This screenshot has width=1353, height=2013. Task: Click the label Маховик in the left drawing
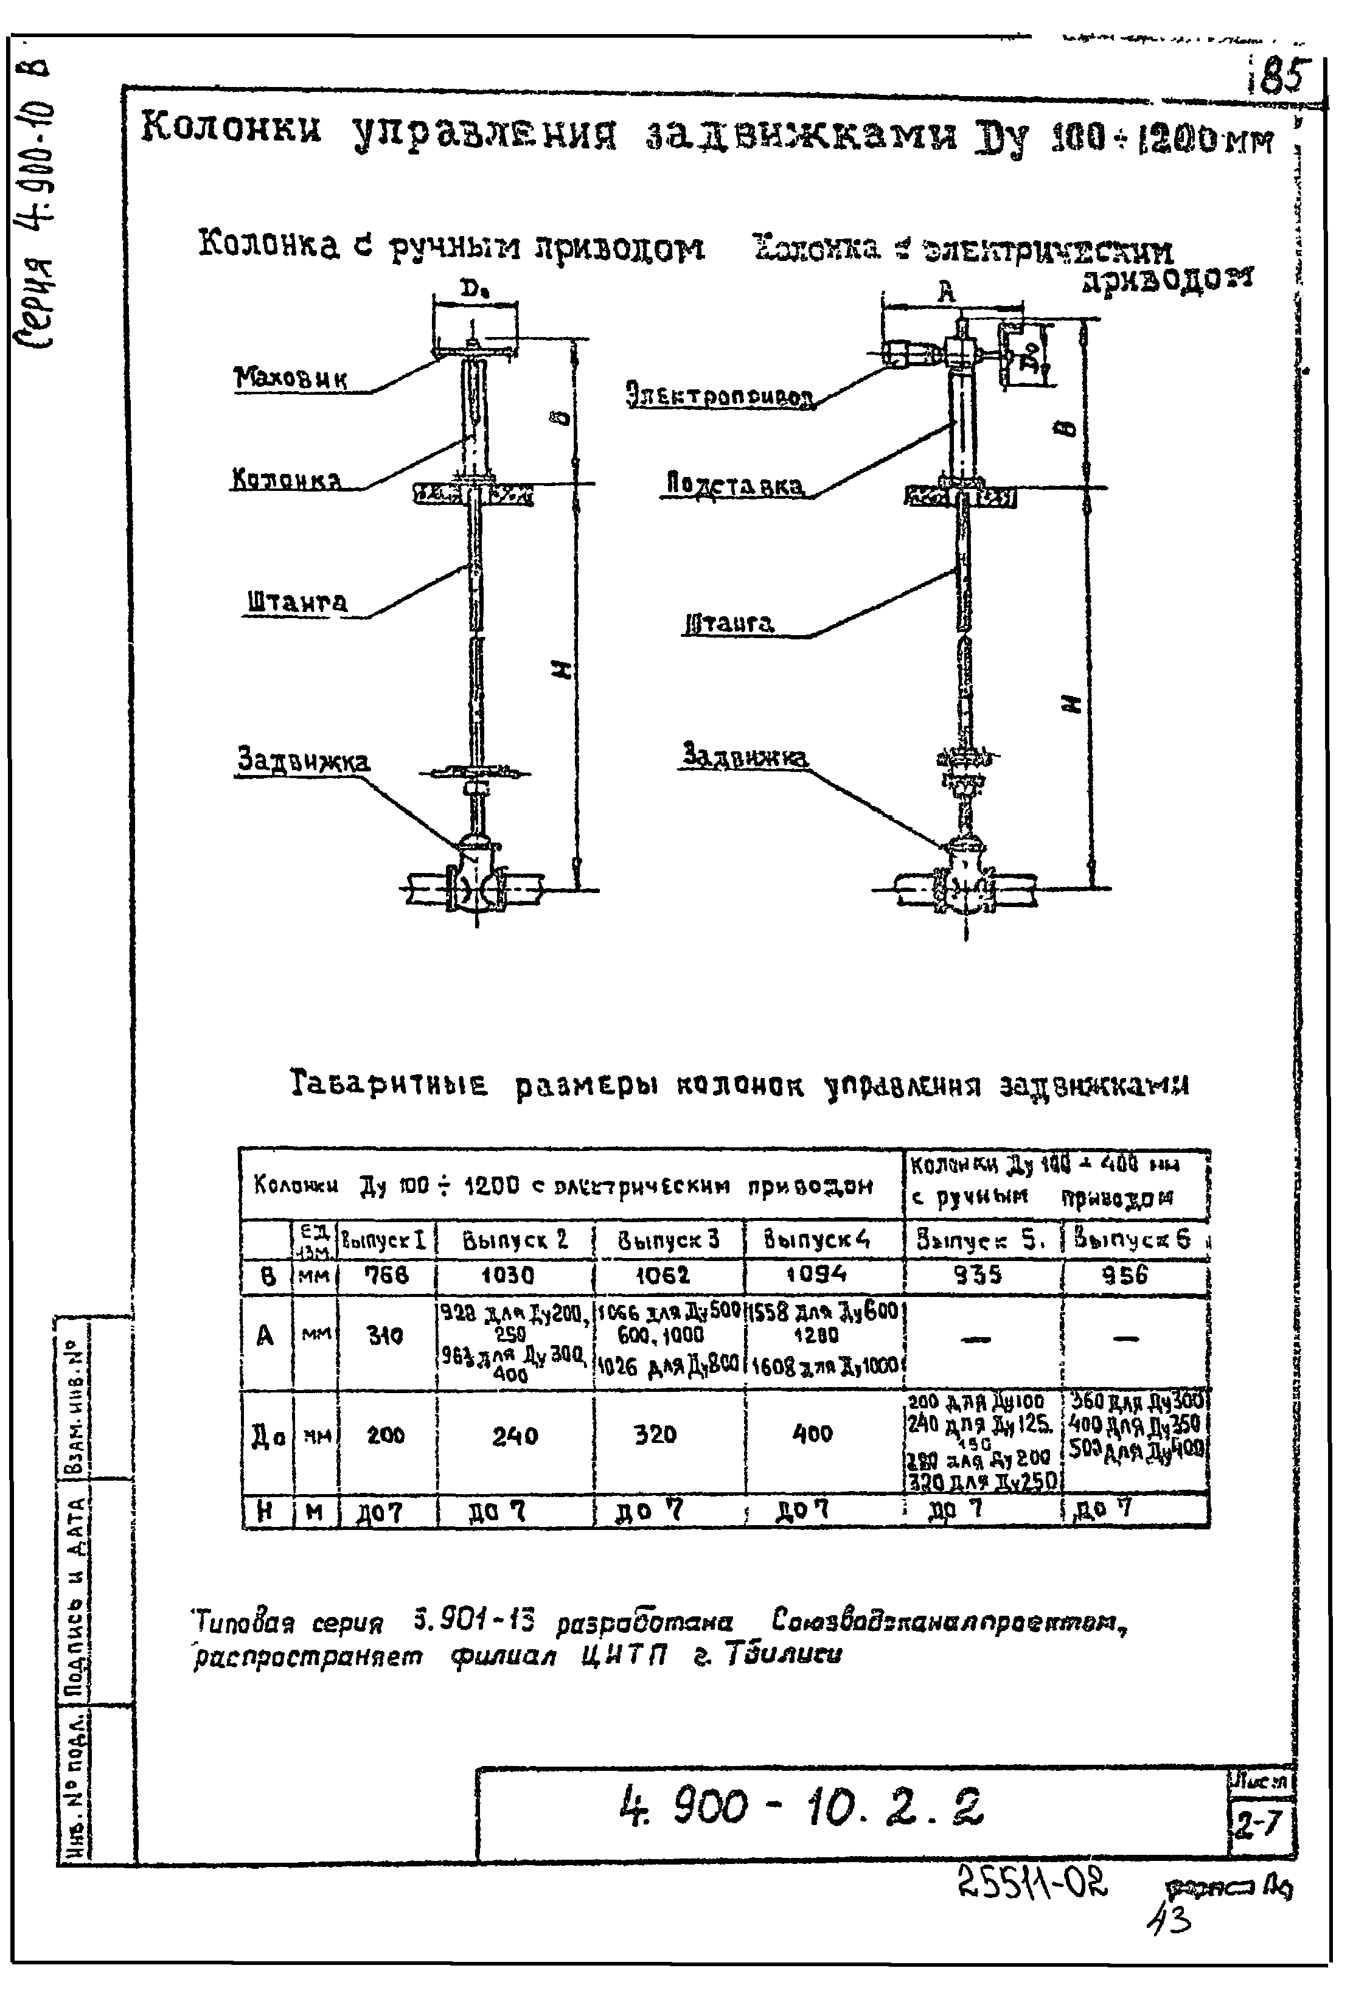290,377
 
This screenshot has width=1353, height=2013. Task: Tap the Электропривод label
719,395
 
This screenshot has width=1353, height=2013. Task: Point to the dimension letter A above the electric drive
947,293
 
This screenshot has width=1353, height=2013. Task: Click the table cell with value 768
386,1274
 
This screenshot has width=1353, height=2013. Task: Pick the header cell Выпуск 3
668,1239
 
